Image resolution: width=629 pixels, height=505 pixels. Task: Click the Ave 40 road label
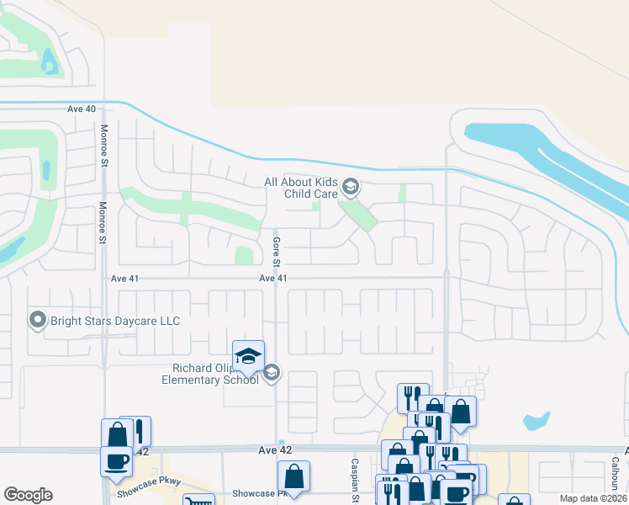pyautogui.click(x=82, y=109)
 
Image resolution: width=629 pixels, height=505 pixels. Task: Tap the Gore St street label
pyautogui.click(x=276, y=249)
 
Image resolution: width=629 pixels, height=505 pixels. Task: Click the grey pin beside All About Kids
pyautogui.click(x=351, y=187)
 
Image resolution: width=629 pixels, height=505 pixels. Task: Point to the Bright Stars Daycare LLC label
pyautogui.click(x=115, y=321)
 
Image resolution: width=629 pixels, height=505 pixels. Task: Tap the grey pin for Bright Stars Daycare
pyautogui.click(x=37, y=321)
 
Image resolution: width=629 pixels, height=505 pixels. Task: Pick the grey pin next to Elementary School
pyautogui.click(x=271, y=373)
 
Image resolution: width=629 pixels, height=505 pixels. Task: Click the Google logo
pyautogui.click(x=28, y=495)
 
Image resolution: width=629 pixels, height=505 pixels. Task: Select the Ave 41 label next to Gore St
pyautogui.click(x=273, y=278)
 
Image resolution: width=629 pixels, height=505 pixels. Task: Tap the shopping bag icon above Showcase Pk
pyautogui.click(x=293, y=477)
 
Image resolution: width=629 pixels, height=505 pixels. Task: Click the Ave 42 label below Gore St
pyautogui.click(x=274, y=452)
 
